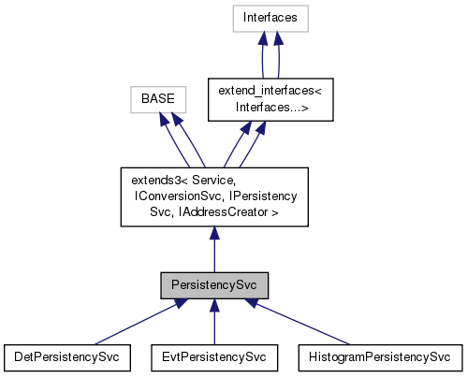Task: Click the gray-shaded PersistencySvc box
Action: click(x=214, y=283)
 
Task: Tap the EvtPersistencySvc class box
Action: click(x=214, y=356)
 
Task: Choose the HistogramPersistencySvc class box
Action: click(x=379, y=356)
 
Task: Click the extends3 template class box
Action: click(x=214, y=196)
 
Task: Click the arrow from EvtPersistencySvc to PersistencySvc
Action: click(x=214, y=323)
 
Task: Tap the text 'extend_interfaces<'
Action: click(x=269, y=91)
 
